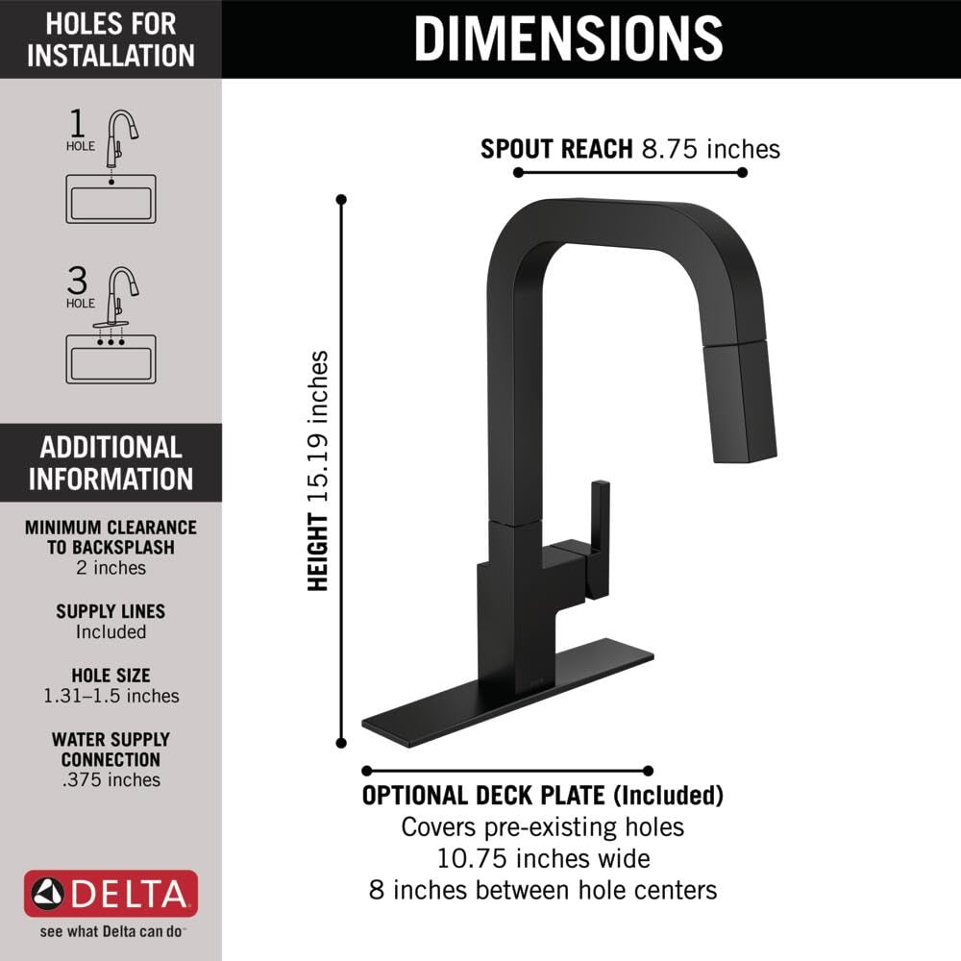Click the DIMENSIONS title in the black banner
[x=568, y=38]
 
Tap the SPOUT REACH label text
[x=555, y=149]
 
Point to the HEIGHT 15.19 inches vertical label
[x=318, y=471]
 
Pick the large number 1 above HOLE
[x=78, y=123]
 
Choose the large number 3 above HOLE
[x=78, y=280]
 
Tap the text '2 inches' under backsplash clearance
[x=111, y=568]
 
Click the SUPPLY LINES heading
[x=111, y=611]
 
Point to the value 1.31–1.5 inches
[x=111, y=696]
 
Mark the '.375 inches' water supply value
[x=111, y=779]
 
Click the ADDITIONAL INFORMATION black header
[x=111, y=462]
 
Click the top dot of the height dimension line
[x=341, y=200]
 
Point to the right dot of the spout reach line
[x=742, y=173]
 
